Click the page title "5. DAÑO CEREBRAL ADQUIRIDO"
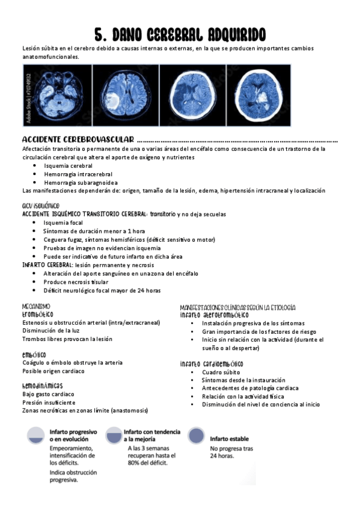click(180, 34)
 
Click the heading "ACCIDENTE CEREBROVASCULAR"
click(78, 140)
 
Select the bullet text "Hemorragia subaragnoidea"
click(81, 182)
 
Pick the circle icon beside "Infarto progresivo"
click(36, 436)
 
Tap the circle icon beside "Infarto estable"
click(197, 436)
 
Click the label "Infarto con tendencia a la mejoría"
click(152, 435)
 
